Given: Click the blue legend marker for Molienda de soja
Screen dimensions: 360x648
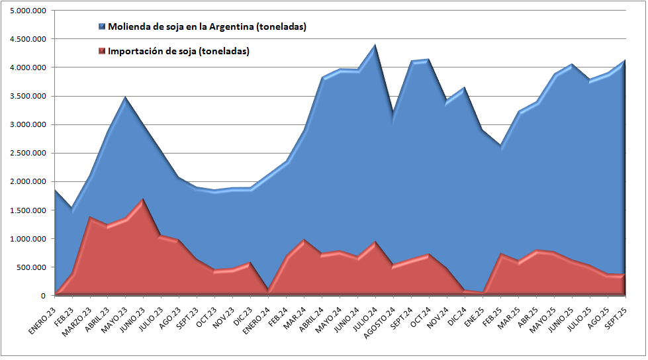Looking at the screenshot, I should click(102, 26).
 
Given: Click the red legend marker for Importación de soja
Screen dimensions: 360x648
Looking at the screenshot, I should click(102, 50).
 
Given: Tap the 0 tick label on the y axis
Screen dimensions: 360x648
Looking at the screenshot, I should click(43, 295).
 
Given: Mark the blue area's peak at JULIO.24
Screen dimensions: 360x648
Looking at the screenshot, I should click(375, 45).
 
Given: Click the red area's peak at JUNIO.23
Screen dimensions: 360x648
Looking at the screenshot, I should click(143, 199).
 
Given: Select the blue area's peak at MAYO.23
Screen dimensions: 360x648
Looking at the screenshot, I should click(125, 97).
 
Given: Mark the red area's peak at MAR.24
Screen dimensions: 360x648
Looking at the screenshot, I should click(304, 240).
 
